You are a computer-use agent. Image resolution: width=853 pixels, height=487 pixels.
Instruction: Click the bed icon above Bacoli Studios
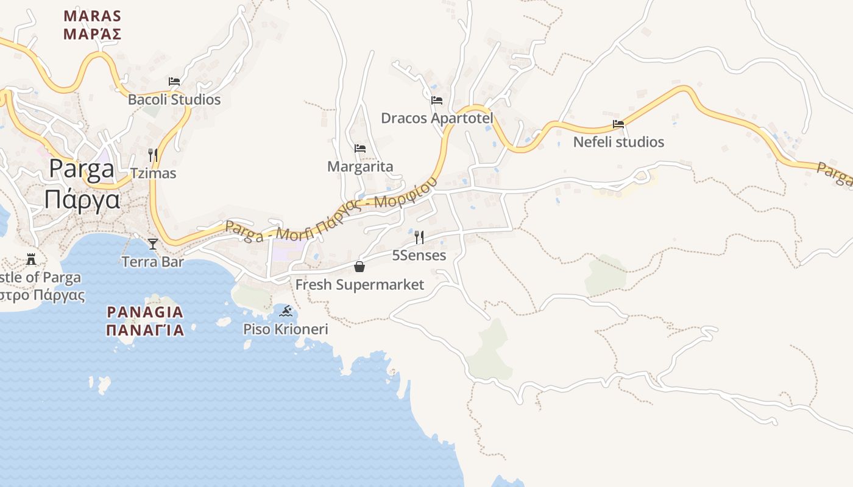(174, 81)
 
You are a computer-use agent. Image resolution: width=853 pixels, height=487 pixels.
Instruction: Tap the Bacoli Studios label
(174, 99)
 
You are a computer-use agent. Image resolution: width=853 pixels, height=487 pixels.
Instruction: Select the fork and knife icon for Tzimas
(153, 155)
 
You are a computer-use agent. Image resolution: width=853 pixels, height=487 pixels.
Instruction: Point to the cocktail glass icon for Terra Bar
(152, 244)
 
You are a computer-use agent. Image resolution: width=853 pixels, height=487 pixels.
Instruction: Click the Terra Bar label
(152, 262)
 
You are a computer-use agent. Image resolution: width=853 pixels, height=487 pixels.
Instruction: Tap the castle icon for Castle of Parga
(31, 259)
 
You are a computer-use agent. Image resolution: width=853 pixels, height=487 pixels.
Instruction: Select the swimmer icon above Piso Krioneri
(286, 312)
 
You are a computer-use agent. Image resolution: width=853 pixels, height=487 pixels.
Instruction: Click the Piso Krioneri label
(286, 329)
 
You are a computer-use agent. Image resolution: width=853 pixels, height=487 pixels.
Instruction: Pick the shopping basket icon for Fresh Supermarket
(359, 267)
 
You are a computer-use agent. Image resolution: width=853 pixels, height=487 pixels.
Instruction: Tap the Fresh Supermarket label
(359, 284)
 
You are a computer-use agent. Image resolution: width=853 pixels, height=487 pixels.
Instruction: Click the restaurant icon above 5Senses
(419, 237)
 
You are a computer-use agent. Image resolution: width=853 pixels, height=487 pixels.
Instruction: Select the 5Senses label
(419, 255)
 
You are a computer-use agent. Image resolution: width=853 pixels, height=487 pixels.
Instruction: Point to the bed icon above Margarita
(360, 148)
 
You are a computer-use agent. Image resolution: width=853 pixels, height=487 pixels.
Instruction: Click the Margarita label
(360, 166)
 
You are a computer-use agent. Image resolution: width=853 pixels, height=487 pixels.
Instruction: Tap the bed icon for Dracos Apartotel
(437, 100)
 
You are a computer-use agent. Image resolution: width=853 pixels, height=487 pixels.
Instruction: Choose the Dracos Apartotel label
(437, 117)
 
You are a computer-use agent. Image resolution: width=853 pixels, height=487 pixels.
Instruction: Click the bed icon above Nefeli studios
(618, 124)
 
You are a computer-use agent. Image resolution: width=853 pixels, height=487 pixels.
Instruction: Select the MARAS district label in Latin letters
(93, 16)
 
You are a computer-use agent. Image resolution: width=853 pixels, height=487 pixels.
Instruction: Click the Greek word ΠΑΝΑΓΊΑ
(145, 330)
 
